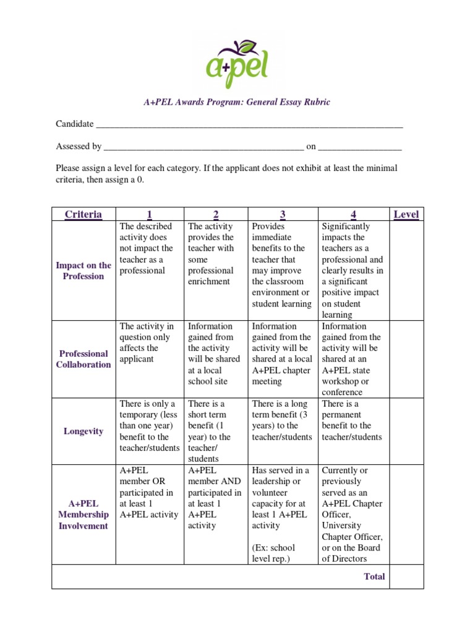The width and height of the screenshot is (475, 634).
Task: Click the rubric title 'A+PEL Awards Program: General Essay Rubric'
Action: (237, 102)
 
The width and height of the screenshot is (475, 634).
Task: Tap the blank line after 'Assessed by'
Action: (203, 148)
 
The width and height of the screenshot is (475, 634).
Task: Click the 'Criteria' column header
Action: (83, 214)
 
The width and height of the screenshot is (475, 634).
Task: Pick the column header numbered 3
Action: (282, 214)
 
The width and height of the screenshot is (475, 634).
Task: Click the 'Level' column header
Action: (406, 214)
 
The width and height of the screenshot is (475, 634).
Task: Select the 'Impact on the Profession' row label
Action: (83, 271)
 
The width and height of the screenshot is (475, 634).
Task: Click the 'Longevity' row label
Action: (83, 431)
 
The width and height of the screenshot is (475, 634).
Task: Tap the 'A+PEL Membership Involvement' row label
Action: (83, 515)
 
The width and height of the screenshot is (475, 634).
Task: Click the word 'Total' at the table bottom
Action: (374, 576)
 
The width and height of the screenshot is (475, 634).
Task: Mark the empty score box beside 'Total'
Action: (406, 576)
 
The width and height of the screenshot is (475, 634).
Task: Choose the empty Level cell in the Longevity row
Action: (406, 431)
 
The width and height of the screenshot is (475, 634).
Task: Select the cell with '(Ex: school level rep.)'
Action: (282, 515)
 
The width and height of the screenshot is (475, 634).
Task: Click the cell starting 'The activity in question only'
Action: (150, 342)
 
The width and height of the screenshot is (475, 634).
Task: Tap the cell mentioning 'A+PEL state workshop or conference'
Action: (353, 359)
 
